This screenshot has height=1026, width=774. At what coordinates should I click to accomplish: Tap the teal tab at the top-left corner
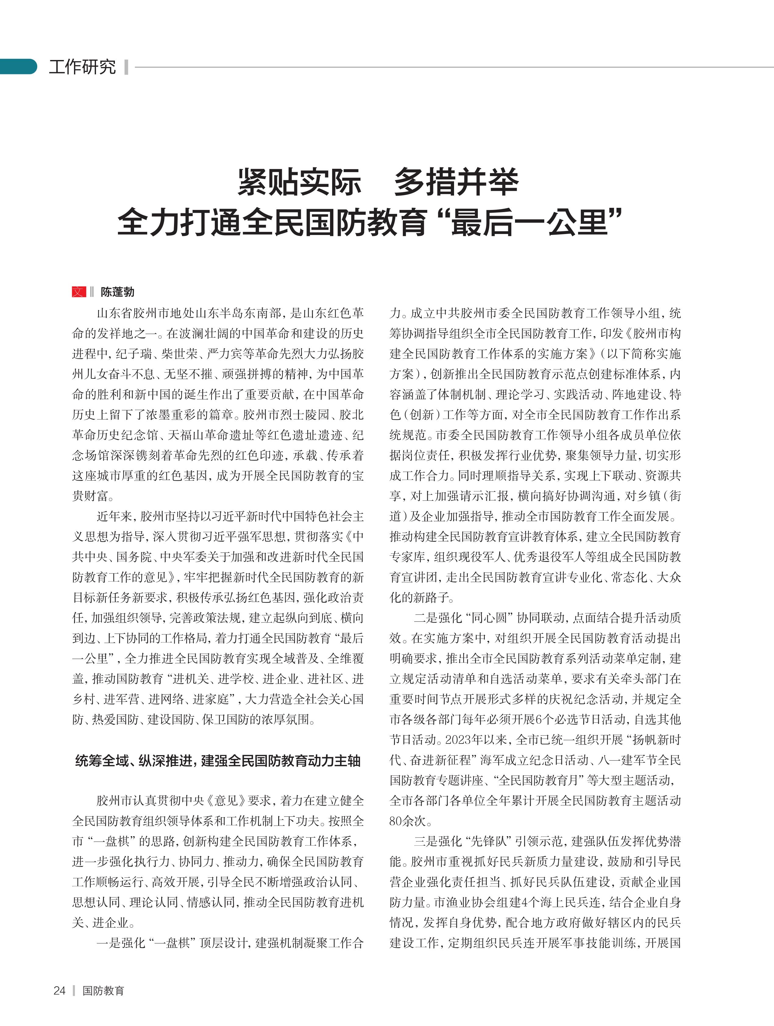tap(18, 66)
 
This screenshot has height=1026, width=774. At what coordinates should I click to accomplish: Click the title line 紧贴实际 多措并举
tap(378, 182)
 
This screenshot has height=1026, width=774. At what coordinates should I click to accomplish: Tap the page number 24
tap(59, 990)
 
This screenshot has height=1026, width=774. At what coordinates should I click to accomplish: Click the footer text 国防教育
tap(103, 990)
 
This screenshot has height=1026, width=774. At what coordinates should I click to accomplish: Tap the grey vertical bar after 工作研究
tap(126, 67)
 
